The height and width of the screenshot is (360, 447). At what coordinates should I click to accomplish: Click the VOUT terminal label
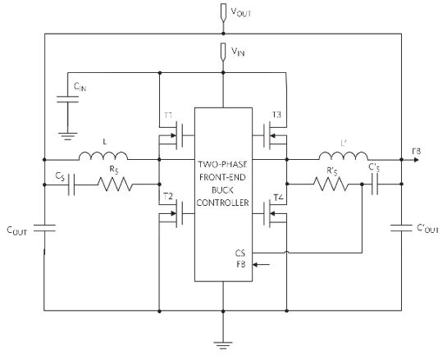tap(240, 12)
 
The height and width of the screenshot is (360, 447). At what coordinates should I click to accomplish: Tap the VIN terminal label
tap(238, 52)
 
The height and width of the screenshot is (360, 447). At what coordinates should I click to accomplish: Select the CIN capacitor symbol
tap(67, 99)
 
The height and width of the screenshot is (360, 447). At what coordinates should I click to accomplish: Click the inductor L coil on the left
tap(103, 156)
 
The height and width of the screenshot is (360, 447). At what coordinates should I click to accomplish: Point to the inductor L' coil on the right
tap(343, 156)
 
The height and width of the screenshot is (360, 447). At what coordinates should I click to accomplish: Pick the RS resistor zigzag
tap(115, 185)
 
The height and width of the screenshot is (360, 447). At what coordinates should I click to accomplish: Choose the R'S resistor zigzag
tap(331, 185)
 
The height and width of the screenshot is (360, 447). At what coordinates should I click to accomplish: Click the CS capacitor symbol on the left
tap(71, 185)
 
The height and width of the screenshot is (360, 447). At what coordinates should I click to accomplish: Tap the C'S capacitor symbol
tap(375, 185)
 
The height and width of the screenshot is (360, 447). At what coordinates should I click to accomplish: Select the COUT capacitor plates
tap(44, 228)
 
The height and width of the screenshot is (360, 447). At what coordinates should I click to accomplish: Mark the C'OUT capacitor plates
tap(401, 228)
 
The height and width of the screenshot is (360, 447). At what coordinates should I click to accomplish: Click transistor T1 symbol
tap(174, 135)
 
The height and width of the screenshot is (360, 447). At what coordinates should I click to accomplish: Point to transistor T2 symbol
tap(174, 213)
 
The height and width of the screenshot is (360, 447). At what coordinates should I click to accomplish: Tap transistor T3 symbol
tap(272, 135)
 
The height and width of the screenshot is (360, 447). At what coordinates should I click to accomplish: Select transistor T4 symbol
tap(272, 213)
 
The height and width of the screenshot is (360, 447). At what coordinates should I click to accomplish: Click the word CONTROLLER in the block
tap(222, 203)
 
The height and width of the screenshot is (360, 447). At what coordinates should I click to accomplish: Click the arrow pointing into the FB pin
tap(261, 265)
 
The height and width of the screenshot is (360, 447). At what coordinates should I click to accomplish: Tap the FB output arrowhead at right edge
tap(416, 160)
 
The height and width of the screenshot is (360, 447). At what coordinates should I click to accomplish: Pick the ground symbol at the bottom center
tap(223, 345)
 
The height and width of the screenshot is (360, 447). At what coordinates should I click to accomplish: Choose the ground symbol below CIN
tap(67, 136)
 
